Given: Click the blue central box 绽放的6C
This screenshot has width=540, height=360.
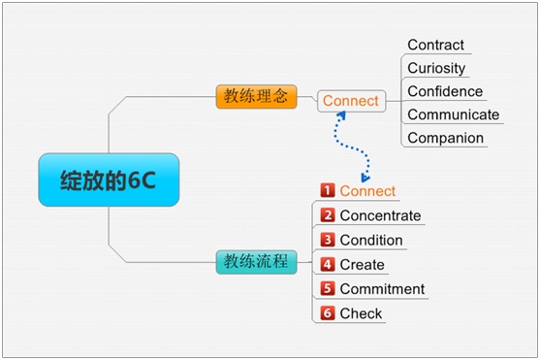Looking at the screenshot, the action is (109, 180).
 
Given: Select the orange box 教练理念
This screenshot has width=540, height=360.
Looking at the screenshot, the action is (256, 97).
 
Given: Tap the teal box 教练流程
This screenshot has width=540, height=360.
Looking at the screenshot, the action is (256, 262).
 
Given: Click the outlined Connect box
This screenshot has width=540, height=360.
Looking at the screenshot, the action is (351, 101).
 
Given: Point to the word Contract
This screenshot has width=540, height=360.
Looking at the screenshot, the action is (435, 45).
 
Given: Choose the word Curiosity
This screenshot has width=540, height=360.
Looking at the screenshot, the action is (436, 68).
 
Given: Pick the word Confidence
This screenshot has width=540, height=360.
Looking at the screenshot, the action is (445, 91).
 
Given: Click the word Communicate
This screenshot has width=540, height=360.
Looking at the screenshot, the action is (453, 115).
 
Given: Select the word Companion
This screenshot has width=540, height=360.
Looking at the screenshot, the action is (446, 138).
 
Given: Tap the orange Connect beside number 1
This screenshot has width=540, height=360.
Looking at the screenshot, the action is (367, 191).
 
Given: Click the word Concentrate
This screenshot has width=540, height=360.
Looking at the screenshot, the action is (380, 215).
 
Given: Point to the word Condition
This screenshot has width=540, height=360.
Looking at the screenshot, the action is (371, 241).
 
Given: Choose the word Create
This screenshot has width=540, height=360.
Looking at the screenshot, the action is (362, 265).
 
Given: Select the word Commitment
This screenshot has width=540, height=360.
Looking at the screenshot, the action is (382, 289).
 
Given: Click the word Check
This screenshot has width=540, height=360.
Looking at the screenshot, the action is (361, 313).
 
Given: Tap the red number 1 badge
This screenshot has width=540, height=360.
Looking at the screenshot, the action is (328, 190).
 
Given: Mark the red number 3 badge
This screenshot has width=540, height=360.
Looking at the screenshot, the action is (328, 240).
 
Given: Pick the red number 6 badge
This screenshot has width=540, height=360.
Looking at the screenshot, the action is (328, 313).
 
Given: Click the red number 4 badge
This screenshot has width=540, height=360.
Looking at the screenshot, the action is (328, 265).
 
